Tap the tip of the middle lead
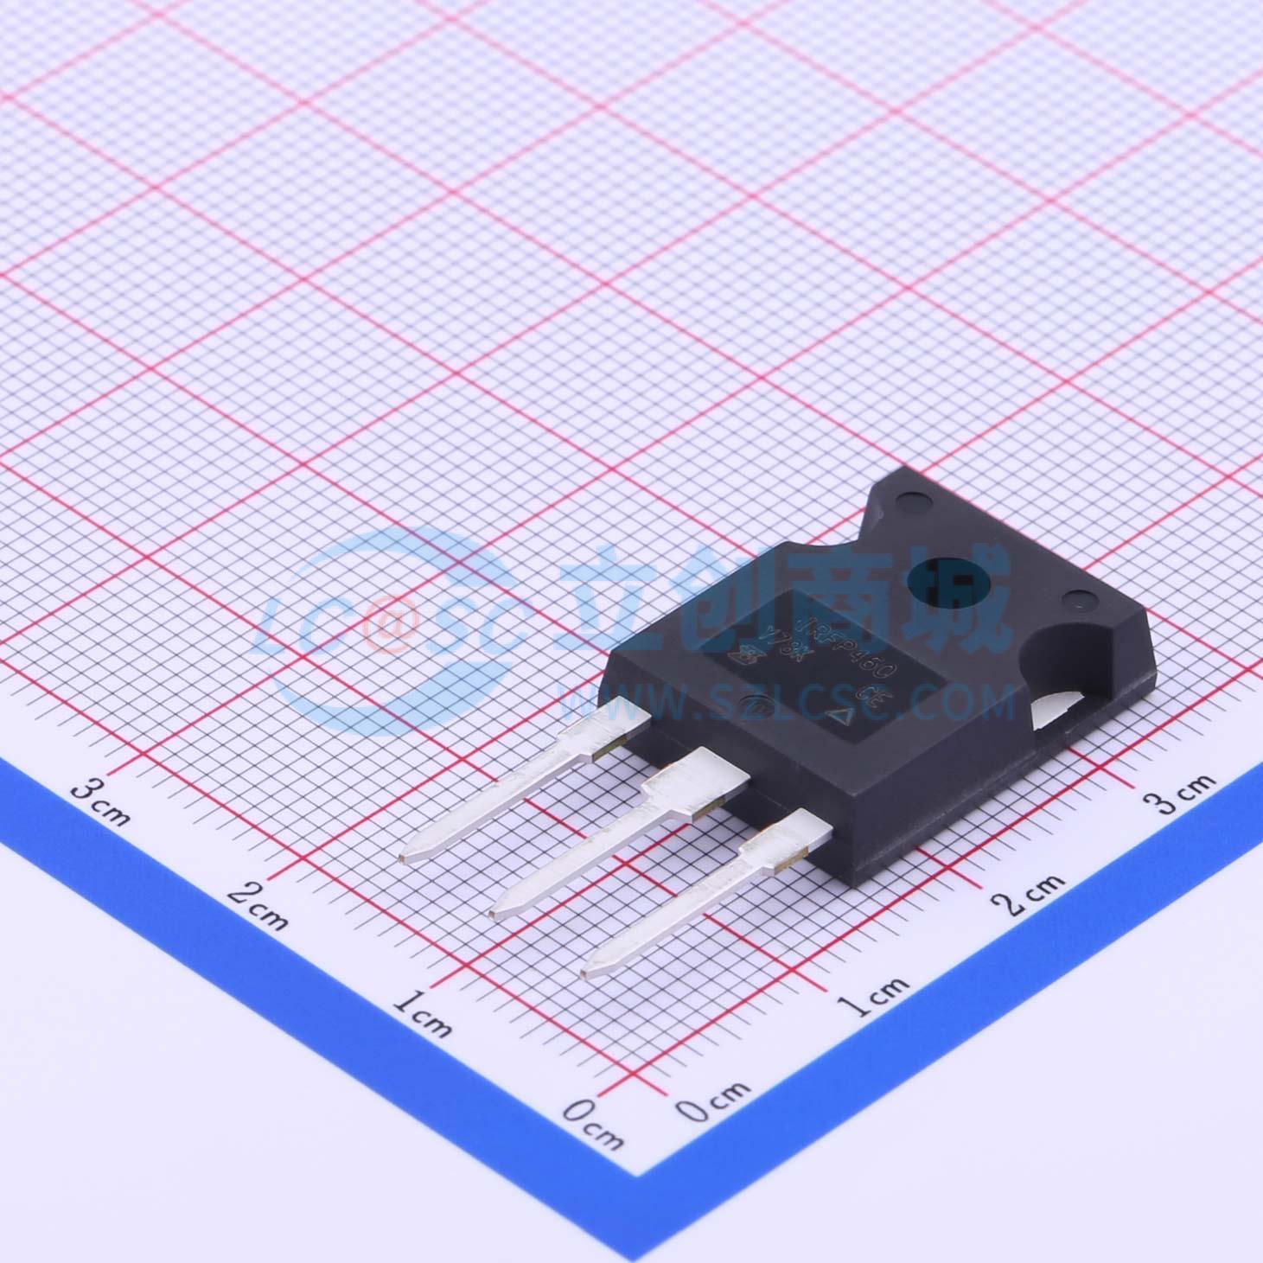(501, 909)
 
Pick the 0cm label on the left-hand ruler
(592, 1124)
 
